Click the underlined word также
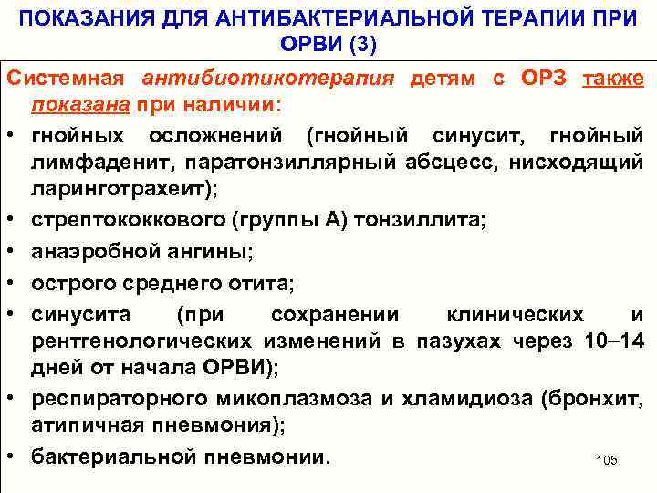tap(612, 79)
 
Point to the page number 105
tap(606, 461)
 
